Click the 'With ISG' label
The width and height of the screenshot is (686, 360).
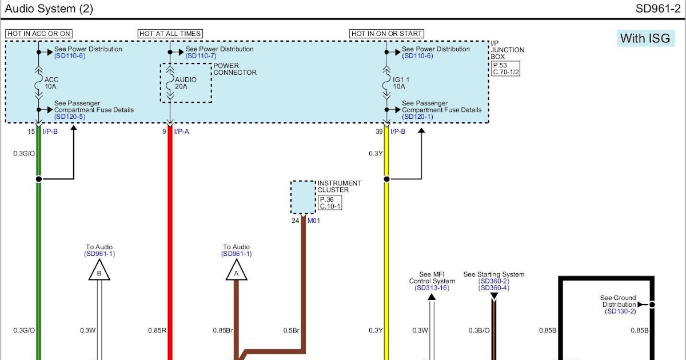click(645, 38)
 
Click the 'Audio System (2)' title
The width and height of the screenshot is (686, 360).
click(49, 9)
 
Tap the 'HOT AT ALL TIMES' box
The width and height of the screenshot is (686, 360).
click(170, 34)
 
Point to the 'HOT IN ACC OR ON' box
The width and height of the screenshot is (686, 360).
click(39, 34)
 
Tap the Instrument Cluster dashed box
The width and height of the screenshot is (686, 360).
click(303, 198)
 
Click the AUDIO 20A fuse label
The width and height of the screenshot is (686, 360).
click(186, 83)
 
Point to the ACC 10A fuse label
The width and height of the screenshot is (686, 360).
click(52, 83)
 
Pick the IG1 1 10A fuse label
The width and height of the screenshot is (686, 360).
click(400, 83)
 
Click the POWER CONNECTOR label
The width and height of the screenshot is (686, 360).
click(235, 69)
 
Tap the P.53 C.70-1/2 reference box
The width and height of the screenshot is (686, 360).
click(506, 69)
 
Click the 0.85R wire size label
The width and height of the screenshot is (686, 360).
click(157, 330)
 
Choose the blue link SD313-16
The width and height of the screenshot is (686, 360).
click(432, 288)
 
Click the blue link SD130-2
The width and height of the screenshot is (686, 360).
click(620, 311)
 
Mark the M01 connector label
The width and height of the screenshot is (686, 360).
click(313, 221)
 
